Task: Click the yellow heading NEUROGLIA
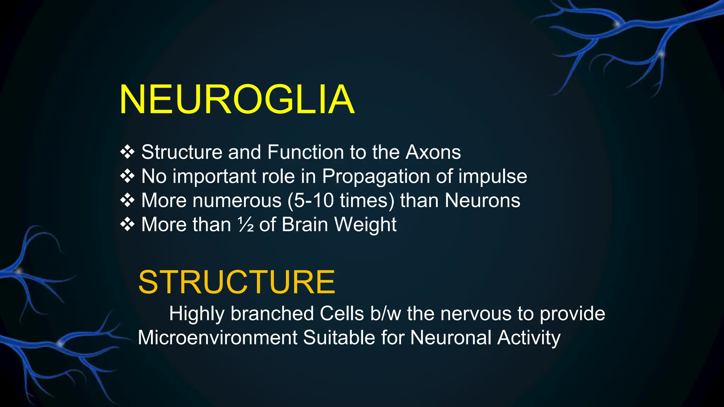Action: click(x=237, y=100)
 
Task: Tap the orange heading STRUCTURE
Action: click(x=237, y=282)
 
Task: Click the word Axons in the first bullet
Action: click(x=433, y=152)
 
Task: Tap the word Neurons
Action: click(x=482, y=200)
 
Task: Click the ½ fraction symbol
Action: click(x=246, y=224)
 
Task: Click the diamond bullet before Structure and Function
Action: click(x=127, y=152)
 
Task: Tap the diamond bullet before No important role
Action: click(x=127, y=176)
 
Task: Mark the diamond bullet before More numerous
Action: click(x=127, y=200)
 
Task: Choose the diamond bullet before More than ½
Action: click(x=127, y=224)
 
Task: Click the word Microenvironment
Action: click(x=217, y=337)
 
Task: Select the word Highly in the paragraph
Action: click(x=197, y=313)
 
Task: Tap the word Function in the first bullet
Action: click(x=305, y=152)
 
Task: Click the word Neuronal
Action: click(x=451, y=337)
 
